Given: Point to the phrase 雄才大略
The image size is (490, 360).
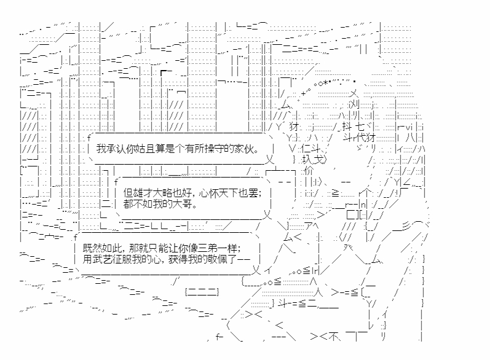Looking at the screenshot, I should [x=155, y=192].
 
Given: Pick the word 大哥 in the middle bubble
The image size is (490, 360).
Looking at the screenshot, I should [x=185, y=204].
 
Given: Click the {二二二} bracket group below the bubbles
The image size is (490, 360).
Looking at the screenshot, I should [x=202, y=291].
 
